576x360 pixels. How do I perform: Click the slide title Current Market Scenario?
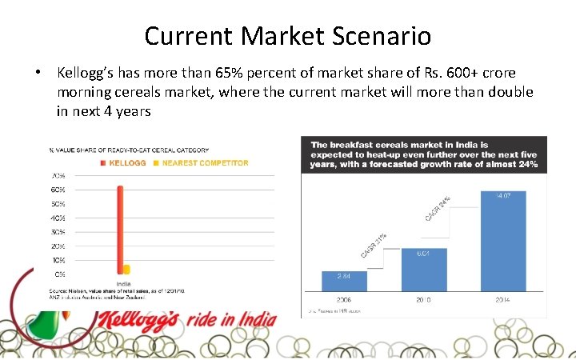pos(288,36)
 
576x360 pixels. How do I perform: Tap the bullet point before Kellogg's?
pos(38,74)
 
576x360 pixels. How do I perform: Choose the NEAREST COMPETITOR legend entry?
pos(205,163)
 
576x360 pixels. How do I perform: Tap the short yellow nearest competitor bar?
pos(126,269)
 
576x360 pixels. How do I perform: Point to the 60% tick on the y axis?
pos(58,190)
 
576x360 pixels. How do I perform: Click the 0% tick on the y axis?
pos(60,274)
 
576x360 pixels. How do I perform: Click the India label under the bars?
pos(124,282)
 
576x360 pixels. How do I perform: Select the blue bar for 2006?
pos(344,281)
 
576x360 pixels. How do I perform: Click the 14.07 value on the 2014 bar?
pos(502,196)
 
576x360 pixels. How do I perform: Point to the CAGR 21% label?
pos(373,246)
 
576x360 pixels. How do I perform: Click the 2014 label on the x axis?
pos(502,300)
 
